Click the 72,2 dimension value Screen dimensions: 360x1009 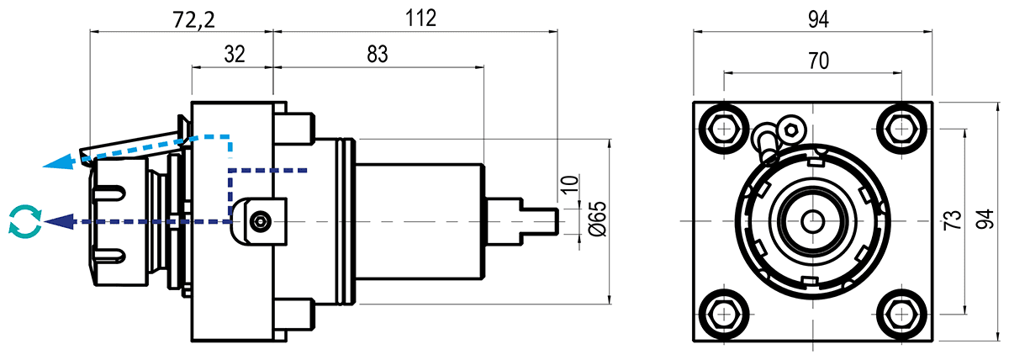point(192,19)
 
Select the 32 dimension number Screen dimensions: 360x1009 point(234,55)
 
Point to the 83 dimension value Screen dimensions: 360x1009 point(378,55)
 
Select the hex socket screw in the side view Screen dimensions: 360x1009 point(261,221)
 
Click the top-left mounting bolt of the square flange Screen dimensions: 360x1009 point(722,128)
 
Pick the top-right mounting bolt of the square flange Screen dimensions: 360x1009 point(901,128)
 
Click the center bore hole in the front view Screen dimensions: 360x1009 point(811,221)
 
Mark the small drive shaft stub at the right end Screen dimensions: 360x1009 point(538,221)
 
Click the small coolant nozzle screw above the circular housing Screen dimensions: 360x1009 point(792,129)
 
